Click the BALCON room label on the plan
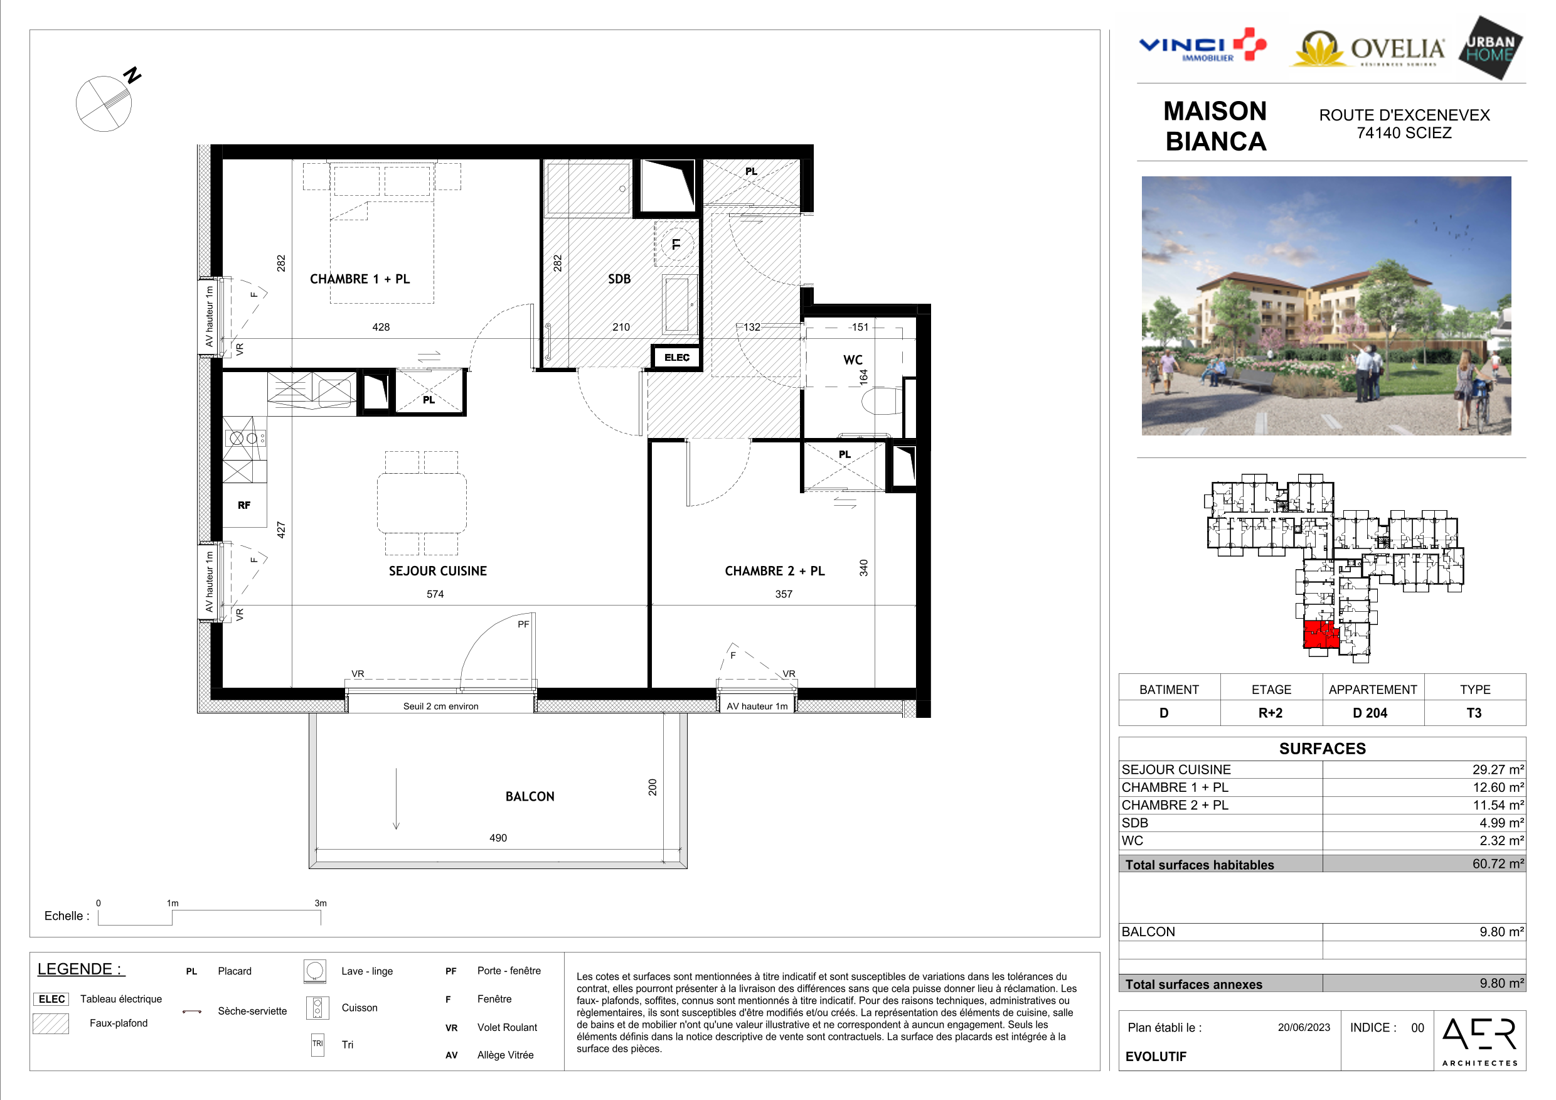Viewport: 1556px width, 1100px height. (x=530, y=796)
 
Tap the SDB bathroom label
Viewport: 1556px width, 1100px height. (x=619, y=279)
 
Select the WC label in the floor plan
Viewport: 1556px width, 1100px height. (x=853, y=360)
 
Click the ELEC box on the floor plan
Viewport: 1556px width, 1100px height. (x=676, y=357)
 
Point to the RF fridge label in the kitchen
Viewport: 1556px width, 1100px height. (x=244, y=505)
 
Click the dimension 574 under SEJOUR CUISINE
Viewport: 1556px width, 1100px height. (x=435, y=594)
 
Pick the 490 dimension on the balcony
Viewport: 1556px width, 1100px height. (x=498, y=838)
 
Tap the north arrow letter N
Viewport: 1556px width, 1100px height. (x=132, y=75)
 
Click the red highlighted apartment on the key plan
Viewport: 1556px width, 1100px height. (x=1320, y=634)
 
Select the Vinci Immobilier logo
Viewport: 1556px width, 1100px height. (x=1203, y=45)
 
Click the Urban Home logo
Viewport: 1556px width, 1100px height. (x=1491, y=48)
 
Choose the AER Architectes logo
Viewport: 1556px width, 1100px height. (x=1480, y=1041)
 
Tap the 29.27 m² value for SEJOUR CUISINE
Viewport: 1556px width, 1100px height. (x=1498, y=769)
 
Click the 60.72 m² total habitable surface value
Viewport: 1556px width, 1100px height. (x=1498, y=863)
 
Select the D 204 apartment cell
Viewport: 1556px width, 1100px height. (x=1370, y=713)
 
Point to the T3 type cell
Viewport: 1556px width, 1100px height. (x=1474, y=713)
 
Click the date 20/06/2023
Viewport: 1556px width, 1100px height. (x=1304, y=1027)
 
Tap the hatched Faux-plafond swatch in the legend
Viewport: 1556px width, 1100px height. (x=51, y=1023)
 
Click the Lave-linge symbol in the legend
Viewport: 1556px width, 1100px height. (x=315, y=971)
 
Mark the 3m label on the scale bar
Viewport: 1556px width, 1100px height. (x=321, y=904)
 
